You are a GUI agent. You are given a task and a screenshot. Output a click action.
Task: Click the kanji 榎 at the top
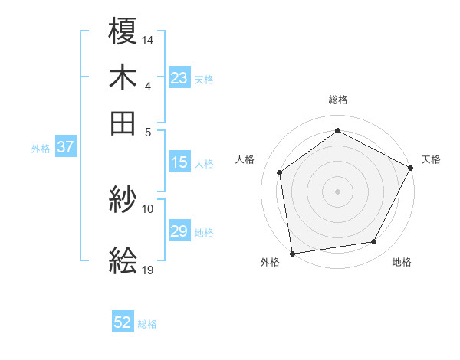123,32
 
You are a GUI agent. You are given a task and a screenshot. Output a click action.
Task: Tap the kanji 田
123,122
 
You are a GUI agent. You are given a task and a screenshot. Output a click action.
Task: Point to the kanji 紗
123,201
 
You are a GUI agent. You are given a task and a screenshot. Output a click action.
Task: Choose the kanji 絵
123,261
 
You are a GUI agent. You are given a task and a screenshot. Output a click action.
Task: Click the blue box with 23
179,78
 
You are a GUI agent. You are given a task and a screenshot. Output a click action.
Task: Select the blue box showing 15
179,162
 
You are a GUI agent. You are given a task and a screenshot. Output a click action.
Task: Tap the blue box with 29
179,231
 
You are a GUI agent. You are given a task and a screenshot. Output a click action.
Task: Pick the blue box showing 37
65,148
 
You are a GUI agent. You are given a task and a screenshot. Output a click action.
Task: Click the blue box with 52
123,323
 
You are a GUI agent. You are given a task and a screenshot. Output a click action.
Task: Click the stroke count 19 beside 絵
148,270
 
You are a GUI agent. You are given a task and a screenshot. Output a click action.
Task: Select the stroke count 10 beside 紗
148,208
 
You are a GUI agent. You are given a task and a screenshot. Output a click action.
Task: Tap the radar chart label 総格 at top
338,100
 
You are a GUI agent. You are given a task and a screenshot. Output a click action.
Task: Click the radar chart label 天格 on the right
431,159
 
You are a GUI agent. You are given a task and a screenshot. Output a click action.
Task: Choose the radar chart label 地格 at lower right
402,262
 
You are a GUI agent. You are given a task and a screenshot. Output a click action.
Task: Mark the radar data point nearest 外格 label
292,253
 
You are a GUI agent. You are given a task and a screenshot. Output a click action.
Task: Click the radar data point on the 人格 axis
280,172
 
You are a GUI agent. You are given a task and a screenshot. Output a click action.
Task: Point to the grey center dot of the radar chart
338,191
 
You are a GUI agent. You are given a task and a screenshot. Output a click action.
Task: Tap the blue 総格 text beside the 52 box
147,324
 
